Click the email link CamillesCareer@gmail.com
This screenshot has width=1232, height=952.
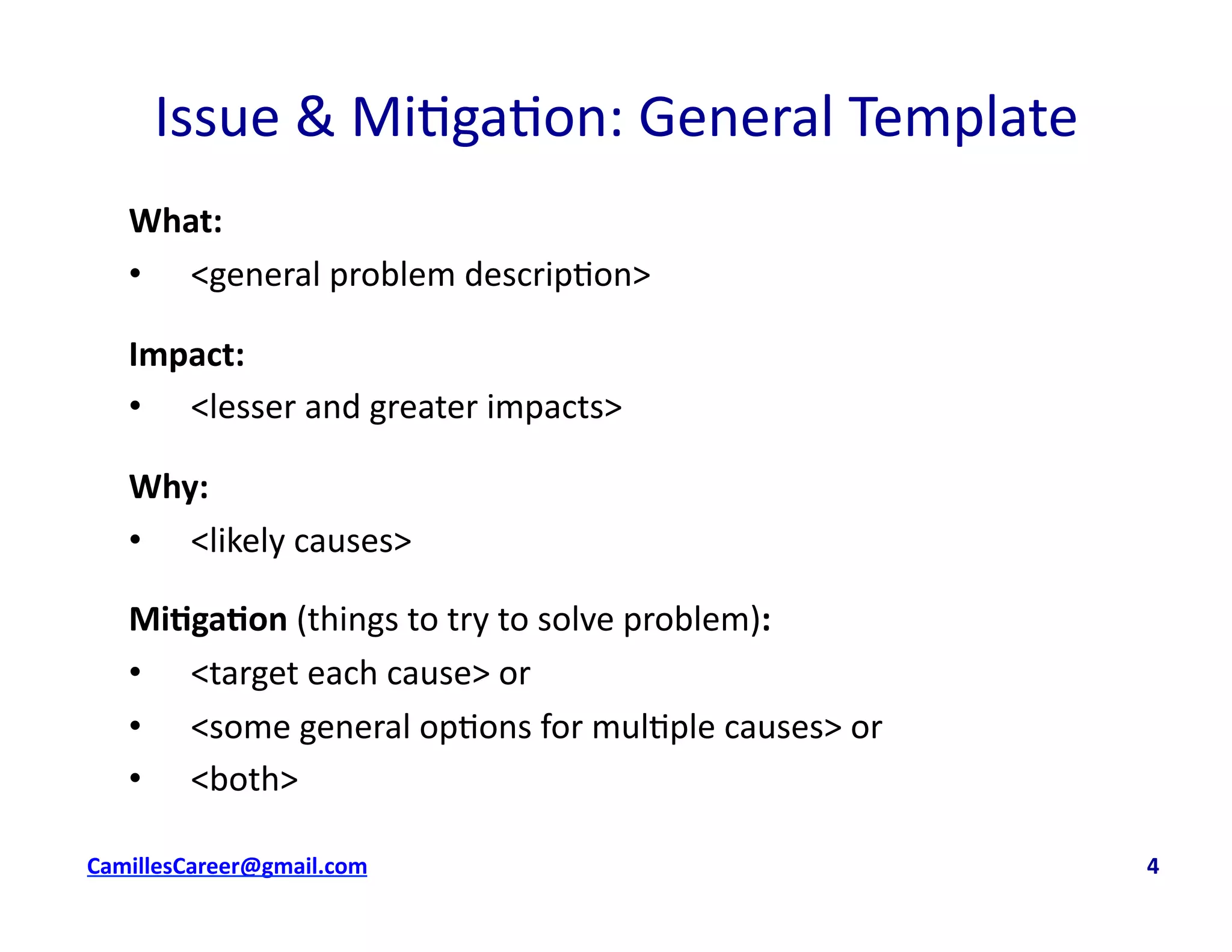click(227, 866)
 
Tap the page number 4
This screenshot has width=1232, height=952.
click(1152, 866)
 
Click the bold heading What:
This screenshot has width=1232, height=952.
click(176, 221)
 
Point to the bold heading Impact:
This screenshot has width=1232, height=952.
click(186, 354)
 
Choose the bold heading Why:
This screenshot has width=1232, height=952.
click(168, 487)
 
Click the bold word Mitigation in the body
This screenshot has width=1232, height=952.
click(208, 619)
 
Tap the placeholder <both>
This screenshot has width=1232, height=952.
click(244, 779)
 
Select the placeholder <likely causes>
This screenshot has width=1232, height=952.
click(301, 540)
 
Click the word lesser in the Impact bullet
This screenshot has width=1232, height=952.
click(252, 407)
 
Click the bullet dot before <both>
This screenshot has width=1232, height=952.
click(135, 778)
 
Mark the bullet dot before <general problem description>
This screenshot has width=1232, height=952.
click(135, 274)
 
